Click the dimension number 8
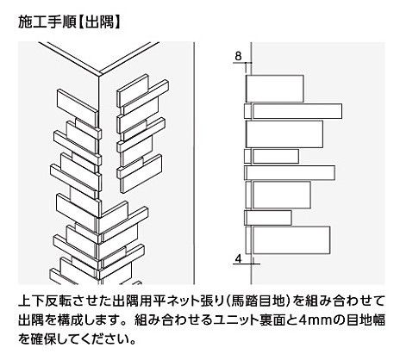tap(238, 56)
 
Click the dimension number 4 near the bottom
tap(238, 258)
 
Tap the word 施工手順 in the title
tap(47, 22)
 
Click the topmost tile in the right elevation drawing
tap(275, 89)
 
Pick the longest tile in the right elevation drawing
tap(293, 111)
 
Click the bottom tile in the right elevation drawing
tap(288, 240)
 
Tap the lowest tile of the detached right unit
tap(141, 174)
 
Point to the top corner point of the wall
tap(99, 75)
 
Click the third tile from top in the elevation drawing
tap(284, 134)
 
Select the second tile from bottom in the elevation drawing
tap(268, 218)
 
